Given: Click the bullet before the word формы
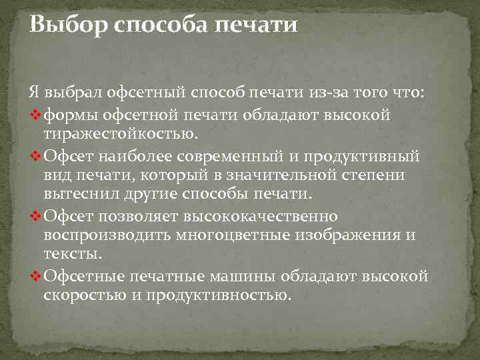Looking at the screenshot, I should point(37,117).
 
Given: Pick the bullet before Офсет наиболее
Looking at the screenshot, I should point(37,157).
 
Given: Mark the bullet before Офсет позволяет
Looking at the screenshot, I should point(37,217).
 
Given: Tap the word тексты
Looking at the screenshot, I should point(73,255).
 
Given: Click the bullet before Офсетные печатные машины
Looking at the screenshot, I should point(37,277).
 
